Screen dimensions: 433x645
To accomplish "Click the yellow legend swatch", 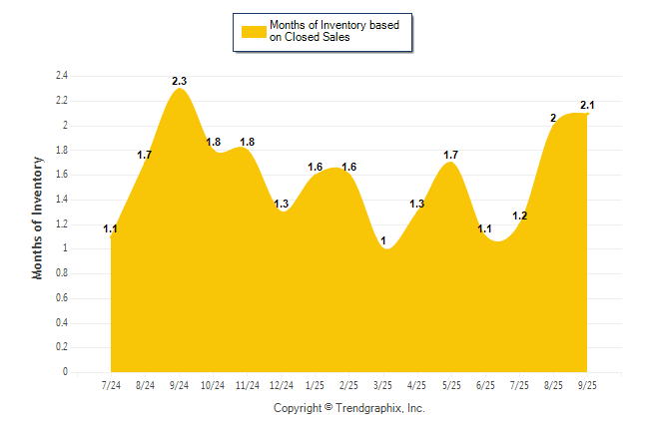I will (254, 31).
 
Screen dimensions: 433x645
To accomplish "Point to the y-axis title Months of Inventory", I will (38, 216).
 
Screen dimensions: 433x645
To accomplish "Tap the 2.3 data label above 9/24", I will (180, 80).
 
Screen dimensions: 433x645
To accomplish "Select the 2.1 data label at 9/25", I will (587, 105).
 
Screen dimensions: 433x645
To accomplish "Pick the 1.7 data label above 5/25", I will (450, 155).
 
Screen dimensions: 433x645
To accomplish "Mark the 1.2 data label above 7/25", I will (519, 216).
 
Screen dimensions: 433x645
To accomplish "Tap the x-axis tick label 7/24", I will (112, 386).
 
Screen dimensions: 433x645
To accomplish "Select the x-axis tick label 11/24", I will (248, 386).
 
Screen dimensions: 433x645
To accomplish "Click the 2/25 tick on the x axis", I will (349, 386).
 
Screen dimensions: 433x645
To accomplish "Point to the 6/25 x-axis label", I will (485, 386).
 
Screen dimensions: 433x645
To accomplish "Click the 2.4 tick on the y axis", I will (62, 76).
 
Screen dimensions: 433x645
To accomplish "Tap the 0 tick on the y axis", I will (65, 372).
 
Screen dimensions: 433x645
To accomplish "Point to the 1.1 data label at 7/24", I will (111, 229).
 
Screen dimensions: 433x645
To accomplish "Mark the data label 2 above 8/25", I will (553, 118).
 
